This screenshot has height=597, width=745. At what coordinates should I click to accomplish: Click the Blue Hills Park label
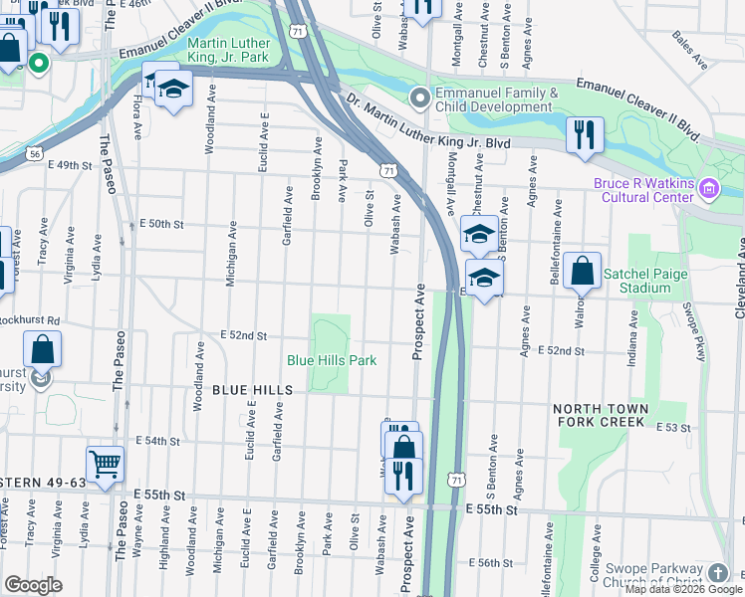[x=332, y=360]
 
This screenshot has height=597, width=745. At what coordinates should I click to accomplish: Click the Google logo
[x=33, y=585]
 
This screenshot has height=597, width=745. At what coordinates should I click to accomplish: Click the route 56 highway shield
[x=35, y=154]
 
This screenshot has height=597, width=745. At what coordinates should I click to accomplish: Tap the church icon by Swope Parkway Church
[x=719, y=573]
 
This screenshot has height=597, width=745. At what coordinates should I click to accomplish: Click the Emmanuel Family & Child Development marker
[x=420, y=98]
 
